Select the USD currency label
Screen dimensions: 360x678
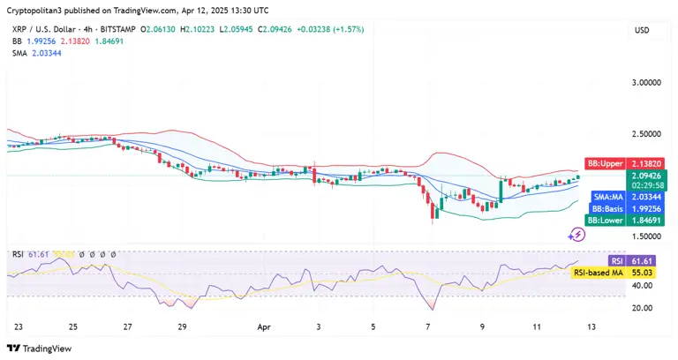(x=642, y=30)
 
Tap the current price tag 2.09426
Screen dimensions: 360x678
(x=644, y=176)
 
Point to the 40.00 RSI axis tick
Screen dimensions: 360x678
(x=642, y=286)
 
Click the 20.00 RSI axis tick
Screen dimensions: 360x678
(x=642, y=308)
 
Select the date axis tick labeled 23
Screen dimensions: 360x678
(x=19, y=326)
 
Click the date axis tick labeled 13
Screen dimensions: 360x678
(x=592, y=326)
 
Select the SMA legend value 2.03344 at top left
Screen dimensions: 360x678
(x=47, y=53)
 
